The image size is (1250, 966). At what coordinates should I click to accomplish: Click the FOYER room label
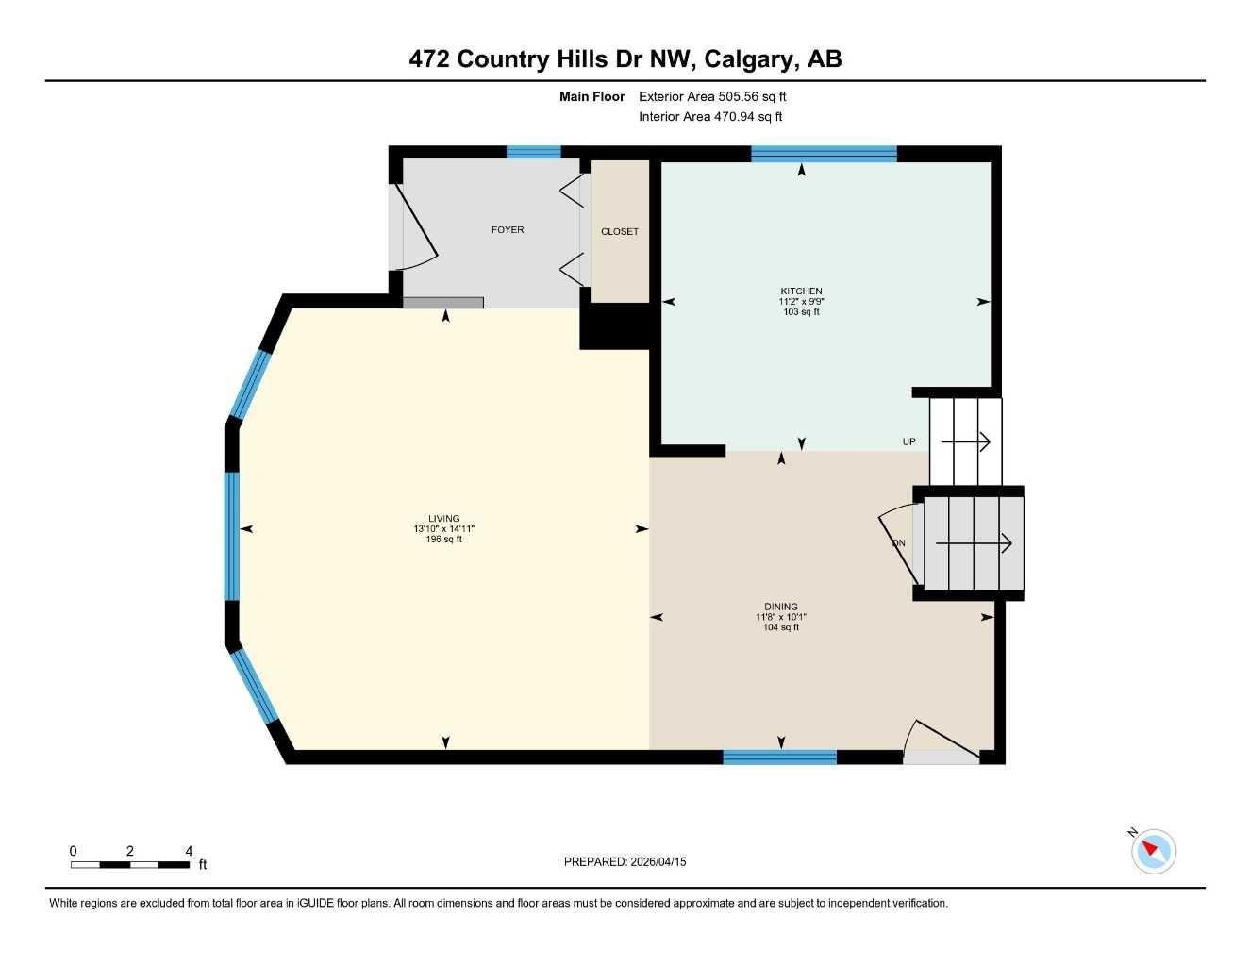(x=508, y=230)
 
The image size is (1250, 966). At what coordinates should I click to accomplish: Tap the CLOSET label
(x=620, y=231)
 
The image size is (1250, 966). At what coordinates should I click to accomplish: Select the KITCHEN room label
(x=801, y=291)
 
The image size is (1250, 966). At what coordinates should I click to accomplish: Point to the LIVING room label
(x=443, y=519)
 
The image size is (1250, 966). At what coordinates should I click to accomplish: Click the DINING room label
(x=781, y=607)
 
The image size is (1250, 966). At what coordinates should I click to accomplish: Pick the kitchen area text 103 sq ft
(x=801, y=312)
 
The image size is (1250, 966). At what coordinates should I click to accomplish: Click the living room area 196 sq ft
(x=443, y=540)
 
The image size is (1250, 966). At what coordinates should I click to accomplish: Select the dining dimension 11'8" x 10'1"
(x=781, y=617)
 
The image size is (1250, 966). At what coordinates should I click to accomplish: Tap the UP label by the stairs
(x=909, y=441)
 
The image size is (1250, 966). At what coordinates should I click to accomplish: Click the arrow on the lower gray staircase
(x=974, y=542)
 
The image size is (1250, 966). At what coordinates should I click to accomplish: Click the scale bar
(x=130, y=864)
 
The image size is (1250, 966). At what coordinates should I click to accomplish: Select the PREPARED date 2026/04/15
(x=625, y=861)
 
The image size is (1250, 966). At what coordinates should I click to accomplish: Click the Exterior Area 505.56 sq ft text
(x=712, y=96)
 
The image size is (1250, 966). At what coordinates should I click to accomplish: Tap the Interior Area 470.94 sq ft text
(x=710, y=117)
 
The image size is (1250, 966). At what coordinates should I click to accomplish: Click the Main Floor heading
(x=592, y=96)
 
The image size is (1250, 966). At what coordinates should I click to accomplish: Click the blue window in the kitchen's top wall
(x=824, y=154)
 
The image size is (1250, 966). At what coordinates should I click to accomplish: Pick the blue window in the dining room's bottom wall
(x=779, y=757)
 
